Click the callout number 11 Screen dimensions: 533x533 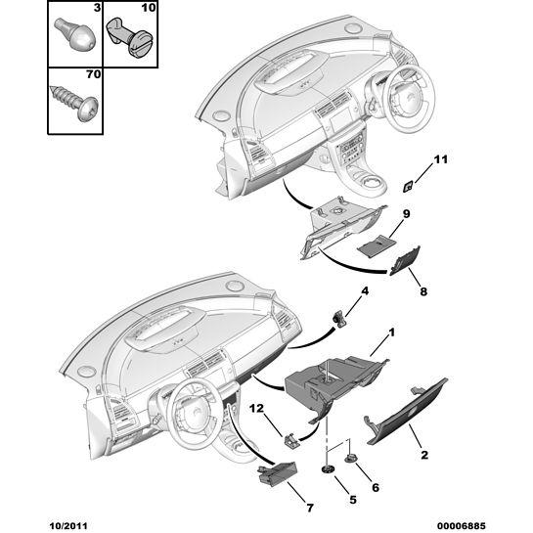440,159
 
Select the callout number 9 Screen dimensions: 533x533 406,214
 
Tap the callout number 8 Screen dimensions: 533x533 423,291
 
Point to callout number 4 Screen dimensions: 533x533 365,291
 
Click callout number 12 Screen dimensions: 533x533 257,408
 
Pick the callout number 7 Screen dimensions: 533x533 310,508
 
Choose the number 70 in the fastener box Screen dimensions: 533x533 94,73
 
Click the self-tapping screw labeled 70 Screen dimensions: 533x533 74,102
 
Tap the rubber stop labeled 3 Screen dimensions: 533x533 75,34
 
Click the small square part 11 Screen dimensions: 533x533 408,187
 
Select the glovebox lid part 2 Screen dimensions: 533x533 406,412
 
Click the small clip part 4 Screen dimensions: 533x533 339,318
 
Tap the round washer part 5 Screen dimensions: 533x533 328,470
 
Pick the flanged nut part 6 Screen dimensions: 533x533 350,460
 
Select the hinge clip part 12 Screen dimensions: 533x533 291,441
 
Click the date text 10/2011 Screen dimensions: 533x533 68,526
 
